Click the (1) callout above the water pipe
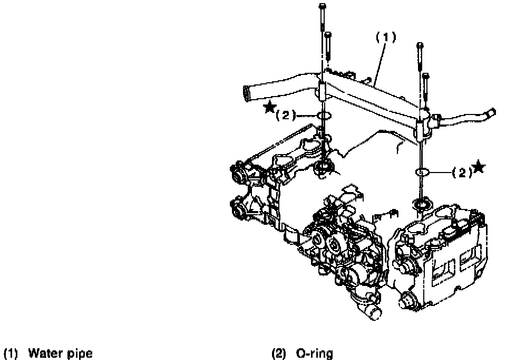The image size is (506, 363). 385,38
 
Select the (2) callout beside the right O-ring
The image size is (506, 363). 461,172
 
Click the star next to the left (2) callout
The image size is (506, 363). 270,108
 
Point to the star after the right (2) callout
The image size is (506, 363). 479,167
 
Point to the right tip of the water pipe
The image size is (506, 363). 492,111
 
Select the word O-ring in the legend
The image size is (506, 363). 314,353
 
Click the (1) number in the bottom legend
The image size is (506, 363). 11,353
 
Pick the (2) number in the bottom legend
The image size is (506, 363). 279,353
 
